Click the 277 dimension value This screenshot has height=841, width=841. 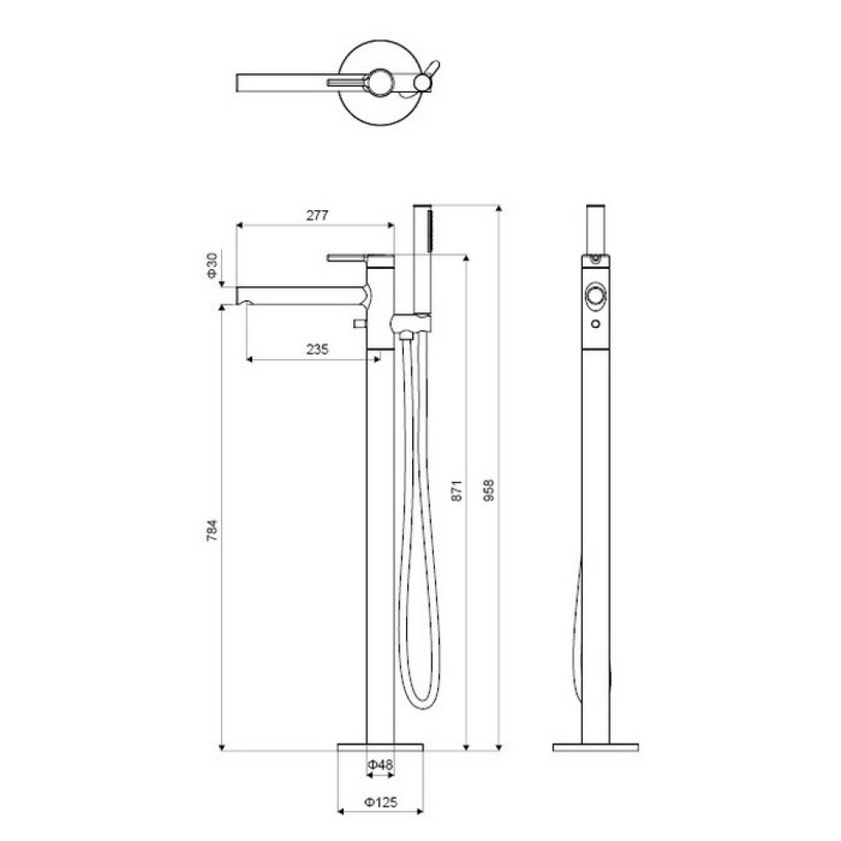coord(317,215)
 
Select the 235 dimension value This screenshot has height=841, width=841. coord(318,350)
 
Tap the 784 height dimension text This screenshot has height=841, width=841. coord(213,530)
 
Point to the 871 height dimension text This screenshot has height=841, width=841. coord(456,491)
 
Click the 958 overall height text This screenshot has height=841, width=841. coord(489,490)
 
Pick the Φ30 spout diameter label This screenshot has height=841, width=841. coord(213,266)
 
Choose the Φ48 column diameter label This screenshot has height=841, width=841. coord(380,764)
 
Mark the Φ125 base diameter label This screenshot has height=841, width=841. coord(381,802)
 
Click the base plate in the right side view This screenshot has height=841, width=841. coord(595,747)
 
